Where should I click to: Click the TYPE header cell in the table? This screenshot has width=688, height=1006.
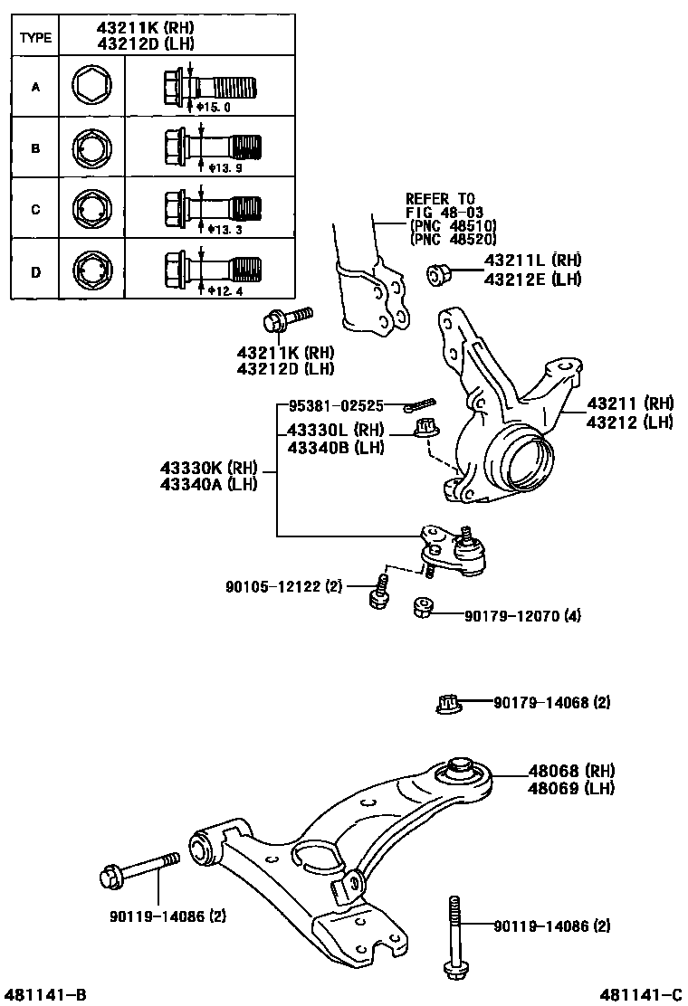point(35,38)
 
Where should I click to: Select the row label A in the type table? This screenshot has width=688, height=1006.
point(35,88)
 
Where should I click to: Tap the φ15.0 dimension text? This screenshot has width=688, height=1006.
point(214,107)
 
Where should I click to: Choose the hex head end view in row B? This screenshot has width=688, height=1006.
point(91,147)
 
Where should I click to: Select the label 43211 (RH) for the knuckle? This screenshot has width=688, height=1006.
point(631,403)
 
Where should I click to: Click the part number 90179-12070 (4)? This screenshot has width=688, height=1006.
point(522,616)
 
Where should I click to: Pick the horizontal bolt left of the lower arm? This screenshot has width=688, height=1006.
point(137,872)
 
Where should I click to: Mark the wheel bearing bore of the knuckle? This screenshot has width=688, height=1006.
point(522,460)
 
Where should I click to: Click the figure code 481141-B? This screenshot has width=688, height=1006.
point(44,995)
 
